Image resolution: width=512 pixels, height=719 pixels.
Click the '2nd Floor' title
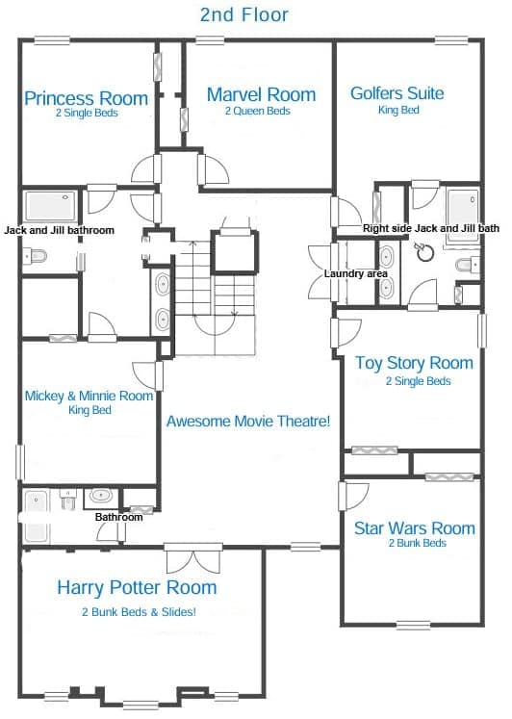click(243, 14)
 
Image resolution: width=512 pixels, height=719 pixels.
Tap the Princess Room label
click(87, 98)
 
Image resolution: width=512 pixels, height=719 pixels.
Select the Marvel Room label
click(261, 94)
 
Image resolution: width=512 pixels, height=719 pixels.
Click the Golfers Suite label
click(397, 93)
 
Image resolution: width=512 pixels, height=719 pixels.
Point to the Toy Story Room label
click(415, 363)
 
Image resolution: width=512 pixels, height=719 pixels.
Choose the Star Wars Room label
click(415, 527)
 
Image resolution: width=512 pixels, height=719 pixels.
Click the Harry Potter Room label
click(137, 587)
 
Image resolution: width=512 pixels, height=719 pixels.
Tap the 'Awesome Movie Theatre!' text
click(248, 421)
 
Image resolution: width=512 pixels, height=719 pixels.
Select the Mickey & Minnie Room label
click(89, 396)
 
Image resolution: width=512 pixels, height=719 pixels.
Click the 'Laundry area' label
click(356, 273)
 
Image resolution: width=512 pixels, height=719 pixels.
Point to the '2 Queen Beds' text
click(257, 111)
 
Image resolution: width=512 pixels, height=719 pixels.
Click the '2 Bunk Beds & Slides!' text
click(139, 612)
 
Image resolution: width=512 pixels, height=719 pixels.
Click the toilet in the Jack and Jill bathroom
click(35, 255)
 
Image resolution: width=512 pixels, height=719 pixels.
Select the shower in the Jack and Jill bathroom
click(51, 206)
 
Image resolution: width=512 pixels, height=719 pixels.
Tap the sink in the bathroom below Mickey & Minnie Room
click(101, 496)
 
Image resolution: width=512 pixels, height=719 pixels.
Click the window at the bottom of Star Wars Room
click(413, 625)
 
